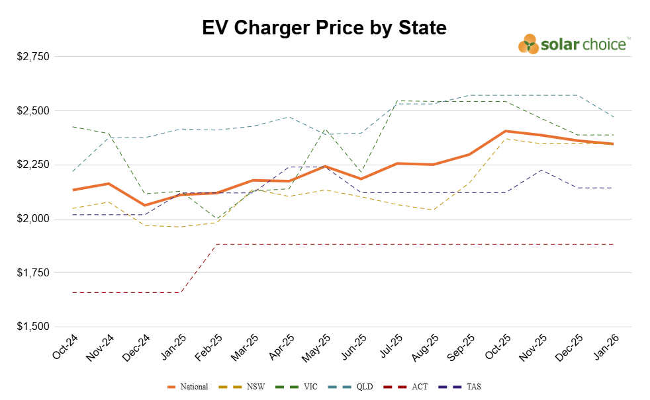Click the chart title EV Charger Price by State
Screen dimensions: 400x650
324,28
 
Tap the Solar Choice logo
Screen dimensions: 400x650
573,44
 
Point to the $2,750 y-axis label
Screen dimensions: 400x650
32,57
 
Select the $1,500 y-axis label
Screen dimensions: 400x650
32,327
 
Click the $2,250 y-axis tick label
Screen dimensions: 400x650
32,165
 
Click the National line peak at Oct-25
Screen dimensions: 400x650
506,131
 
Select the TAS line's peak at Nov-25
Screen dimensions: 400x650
541,170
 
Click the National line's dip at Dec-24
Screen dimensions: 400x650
145,205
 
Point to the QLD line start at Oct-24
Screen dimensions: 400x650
73,171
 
